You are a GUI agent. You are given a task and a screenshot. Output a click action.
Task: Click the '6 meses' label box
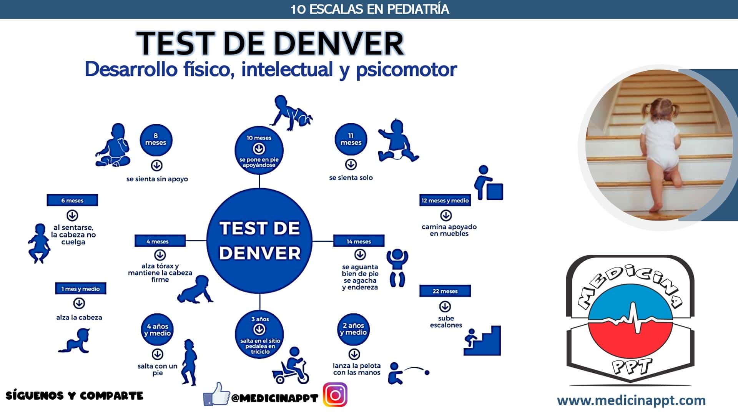click(x=72, y=200)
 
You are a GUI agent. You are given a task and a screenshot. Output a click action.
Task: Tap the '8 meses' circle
click(x=156, y=139)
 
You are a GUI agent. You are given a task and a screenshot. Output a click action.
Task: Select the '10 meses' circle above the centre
click(x=259, y=150)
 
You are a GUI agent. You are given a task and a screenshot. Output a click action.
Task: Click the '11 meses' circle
click(x=351, y=139)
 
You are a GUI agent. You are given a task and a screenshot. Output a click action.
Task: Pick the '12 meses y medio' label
click(x=445, y=200)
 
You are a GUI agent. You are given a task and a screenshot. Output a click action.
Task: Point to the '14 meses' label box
click(x=359, y=241)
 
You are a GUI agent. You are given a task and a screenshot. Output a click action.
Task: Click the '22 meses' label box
click(x=445, y=291)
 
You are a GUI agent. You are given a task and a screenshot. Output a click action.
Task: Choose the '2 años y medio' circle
click(x=354, y=329)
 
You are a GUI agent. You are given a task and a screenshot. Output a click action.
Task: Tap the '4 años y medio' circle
click(x=157, y=330)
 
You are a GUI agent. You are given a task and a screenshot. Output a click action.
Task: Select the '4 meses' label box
click(x=160, y=241)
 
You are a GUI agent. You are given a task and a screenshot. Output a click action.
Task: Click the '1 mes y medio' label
click(x=81, y=289)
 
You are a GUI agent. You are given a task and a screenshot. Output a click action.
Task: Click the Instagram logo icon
click(x=335, y=395)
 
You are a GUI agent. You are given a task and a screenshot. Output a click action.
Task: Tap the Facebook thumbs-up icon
click(x=216, y=394)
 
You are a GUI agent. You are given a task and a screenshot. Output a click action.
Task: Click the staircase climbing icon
click(x=482, y=340)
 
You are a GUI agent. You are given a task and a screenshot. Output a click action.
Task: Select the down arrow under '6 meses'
click(x=72, y=215)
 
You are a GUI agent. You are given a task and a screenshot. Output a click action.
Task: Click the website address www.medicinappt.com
click(x=632, y=401)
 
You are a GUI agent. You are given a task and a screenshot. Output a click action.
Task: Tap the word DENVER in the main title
click(x=313, y=43)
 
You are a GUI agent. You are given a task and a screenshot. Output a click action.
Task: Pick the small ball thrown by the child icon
click(x=427, y=372)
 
